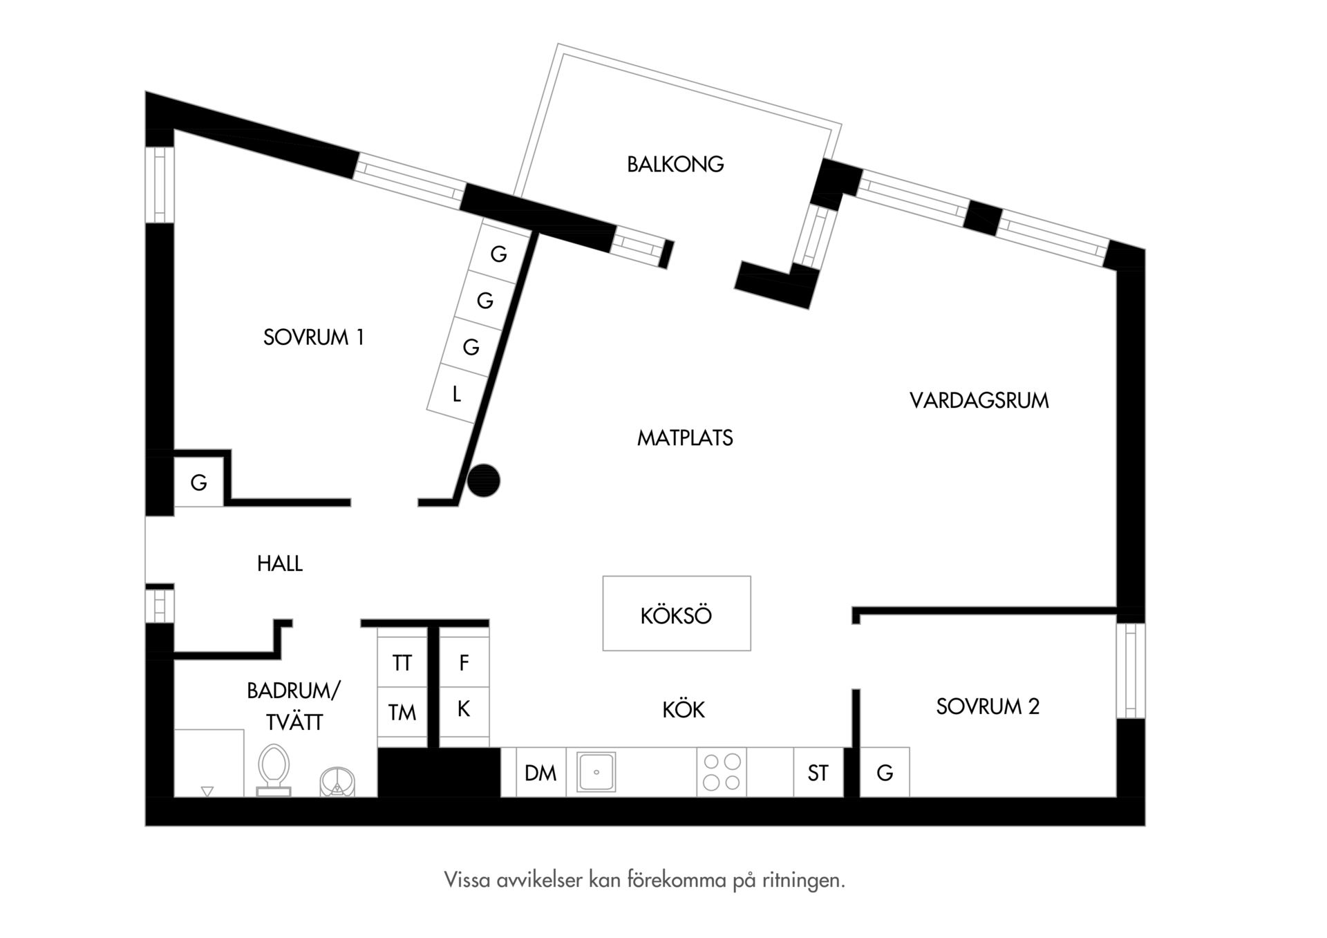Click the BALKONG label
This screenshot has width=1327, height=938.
[675, 165]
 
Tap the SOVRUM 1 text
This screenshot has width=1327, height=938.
[313, 337]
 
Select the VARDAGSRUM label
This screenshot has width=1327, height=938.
[979, 401]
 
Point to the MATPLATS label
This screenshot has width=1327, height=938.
[685, 438]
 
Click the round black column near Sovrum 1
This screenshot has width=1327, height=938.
[483, 480]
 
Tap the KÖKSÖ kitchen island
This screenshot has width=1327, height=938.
[677, 614]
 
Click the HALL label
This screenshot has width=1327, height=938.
[280, 564]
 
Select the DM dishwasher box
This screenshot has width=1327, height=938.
[541, 772]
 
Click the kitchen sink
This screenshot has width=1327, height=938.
[596, 772]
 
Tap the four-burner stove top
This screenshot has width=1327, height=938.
[722, 772]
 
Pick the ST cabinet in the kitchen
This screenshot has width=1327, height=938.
[818, 772]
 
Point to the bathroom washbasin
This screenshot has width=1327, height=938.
[337, 782]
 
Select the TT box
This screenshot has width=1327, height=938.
[402, 662]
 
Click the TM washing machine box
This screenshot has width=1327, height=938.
[402, 712]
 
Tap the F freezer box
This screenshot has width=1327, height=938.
[464, 662]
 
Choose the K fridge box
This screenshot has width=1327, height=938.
[464, 710]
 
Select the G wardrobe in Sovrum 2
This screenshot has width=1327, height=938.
[885, 772]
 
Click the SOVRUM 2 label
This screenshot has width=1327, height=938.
[988, 706]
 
